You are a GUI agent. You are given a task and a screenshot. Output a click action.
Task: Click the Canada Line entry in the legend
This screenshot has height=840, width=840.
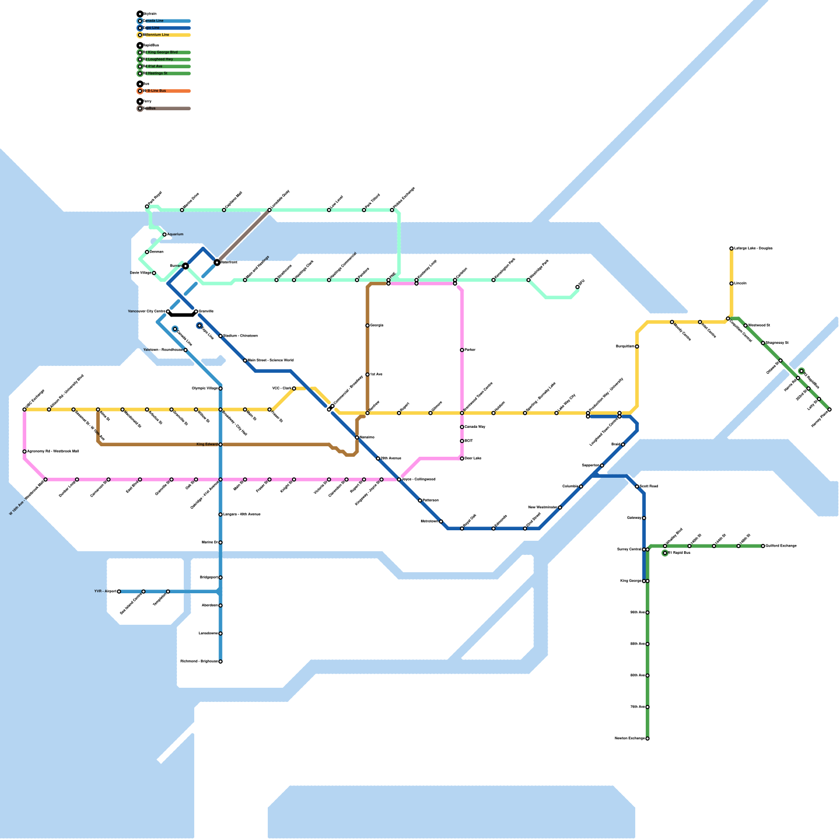pos(153,21)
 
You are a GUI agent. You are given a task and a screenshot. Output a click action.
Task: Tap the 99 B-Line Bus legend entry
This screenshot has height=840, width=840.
pos(156,91)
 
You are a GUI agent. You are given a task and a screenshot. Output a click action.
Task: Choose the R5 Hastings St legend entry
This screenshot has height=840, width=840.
pos(157,73)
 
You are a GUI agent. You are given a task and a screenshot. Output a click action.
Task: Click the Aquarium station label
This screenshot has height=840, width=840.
pos(175,234)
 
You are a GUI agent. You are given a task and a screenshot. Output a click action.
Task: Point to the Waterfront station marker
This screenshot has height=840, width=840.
pos(217,262)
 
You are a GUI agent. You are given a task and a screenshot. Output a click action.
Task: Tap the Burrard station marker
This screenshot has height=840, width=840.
pos(185,266)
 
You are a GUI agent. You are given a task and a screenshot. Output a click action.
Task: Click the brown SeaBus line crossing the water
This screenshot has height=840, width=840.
pos(243,236)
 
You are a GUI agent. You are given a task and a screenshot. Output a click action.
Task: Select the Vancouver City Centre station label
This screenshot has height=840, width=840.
pos(146,311)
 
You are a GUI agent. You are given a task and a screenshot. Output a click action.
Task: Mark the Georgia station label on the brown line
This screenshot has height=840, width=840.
pos(376,325)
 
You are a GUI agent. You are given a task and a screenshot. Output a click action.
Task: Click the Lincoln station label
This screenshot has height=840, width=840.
pos(740,283)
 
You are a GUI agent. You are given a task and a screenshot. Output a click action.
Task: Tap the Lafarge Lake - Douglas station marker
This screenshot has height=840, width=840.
pos(731,248)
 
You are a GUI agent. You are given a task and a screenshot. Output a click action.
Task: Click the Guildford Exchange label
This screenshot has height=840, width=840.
pos(781,546)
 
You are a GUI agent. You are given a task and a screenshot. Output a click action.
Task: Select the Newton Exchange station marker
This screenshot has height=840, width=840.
pos(647,739)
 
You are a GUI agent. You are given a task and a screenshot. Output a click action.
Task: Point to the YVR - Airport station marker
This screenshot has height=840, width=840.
pos(119,592)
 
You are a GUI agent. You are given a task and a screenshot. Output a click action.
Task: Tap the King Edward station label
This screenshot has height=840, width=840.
pos(207,445)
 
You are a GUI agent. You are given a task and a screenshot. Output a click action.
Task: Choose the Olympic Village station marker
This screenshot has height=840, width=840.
pos(220,388)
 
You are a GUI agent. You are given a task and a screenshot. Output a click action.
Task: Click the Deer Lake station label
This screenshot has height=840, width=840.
pos(473,458)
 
